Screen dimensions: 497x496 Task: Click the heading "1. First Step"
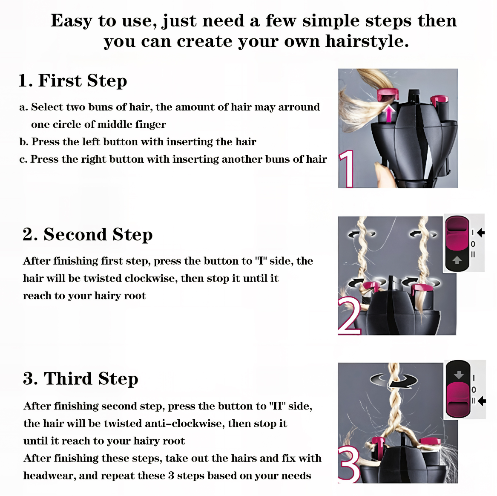(72, 80)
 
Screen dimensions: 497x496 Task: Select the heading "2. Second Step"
(87, 234)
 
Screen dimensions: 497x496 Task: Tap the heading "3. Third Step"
(80, 379)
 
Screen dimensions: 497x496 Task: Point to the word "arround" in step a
(299, 107)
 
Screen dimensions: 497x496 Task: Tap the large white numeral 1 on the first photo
(348, 169)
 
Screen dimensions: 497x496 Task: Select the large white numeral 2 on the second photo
(349, 316)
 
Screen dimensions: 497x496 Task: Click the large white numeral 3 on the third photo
(349, 464)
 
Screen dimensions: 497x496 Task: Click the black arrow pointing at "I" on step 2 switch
(481, 233)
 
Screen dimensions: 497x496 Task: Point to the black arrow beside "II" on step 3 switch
(482, 401)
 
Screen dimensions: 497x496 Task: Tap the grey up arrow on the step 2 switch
(457, 260)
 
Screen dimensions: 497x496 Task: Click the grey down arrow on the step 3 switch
(459, 375)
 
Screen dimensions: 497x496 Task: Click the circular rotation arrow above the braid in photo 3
(394, 380)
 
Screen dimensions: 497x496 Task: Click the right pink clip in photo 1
(440, 100)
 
